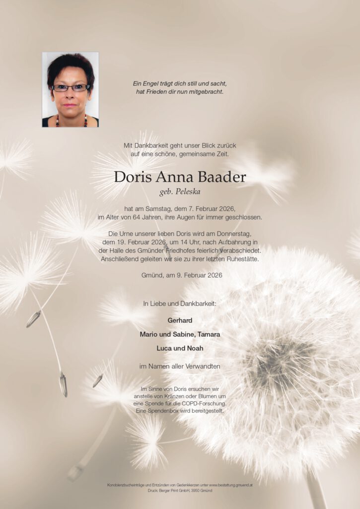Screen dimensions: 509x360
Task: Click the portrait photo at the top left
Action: click(x=70, y=89)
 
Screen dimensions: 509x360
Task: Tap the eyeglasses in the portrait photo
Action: click(x=72, y=88)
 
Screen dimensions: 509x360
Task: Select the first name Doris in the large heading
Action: click(x=131, y=177)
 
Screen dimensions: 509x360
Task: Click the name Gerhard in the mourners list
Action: click(x=180, y=320)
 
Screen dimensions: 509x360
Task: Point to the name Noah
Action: click(x=195, y=348)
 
